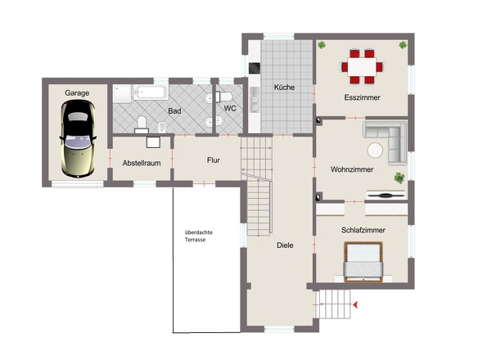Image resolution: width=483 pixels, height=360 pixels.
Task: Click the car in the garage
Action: click(78, 138)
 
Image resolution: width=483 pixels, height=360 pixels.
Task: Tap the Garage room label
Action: click(77, 93)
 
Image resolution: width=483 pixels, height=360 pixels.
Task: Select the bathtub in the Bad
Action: click(151, 92)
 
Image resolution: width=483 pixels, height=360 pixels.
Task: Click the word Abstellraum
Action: click(142, 163)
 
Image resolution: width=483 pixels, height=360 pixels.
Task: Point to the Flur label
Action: click(214, 160)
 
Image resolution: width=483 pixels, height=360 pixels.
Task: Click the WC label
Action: click(230, 108)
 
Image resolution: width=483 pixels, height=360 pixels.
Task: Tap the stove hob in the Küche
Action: click(255, 68)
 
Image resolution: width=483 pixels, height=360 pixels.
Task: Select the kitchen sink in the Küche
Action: click(255, 99)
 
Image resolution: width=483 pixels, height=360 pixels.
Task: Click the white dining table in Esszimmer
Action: click(362, 67)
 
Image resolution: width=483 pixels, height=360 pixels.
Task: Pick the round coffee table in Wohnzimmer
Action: click(375, 151)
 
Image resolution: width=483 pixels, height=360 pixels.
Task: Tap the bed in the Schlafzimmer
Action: click(363, 262)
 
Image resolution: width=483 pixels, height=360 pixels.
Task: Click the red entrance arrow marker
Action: click(355, 305)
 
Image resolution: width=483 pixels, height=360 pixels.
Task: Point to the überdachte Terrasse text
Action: click(199, 236)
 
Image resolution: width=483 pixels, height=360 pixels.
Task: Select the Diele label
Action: click(285, 245)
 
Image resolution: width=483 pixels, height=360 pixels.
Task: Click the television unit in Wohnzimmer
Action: click(386, 195)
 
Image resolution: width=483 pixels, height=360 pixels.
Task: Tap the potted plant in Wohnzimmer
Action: click(399, 178)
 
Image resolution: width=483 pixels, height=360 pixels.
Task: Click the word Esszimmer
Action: click(362, 97)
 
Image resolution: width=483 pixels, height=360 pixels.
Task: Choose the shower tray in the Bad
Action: click(123, 94)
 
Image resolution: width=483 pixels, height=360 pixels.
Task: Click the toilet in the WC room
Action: click(224, 97)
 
